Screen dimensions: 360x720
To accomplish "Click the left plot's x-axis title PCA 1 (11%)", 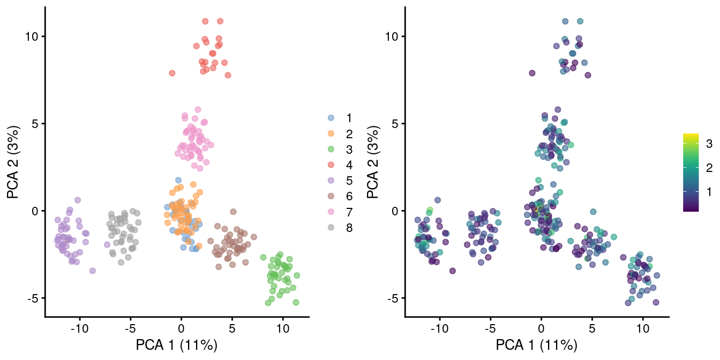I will pos(177,346).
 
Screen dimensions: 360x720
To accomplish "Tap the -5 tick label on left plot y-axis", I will pos(33,298).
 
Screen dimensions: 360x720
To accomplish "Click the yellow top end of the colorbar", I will pos(691,136).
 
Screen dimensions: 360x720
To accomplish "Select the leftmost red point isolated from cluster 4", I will pos(172,73).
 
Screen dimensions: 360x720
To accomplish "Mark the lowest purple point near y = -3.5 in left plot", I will pos(92,271).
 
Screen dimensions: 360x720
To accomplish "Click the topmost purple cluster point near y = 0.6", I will pos(78,200).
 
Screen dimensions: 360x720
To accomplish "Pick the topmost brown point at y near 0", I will pos(233,212).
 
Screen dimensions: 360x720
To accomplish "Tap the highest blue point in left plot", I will pos(178,180).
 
